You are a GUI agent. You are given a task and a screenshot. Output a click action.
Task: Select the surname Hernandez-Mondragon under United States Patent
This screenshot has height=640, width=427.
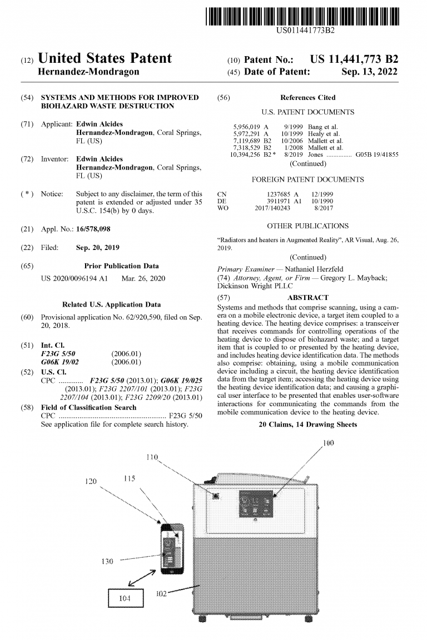click(x=88, y=72)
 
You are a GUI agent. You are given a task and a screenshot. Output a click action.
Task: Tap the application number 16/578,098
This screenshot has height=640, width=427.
click(x=97, y=229)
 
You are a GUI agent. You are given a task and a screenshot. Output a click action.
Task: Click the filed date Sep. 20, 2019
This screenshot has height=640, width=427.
click(x=97, y=247)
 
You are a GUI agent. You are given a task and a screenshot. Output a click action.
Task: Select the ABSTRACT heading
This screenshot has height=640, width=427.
click(x=307, y=298)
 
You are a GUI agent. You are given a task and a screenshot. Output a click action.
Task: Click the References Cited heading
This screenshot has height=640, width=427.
click(x=307, y=98)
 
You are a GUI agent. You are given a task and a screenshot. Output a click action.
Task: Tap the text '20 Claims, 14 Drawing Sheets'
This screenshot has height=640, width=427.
click(x=307, y=424)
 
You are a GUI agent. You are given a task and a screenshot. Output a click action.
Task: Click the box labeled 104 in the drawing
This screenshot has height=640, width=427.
click(x=125, y=598)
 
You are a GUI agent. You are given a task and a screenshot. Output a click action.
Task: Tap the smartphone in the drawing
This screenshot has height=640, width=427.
click(x=172, y=547)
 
